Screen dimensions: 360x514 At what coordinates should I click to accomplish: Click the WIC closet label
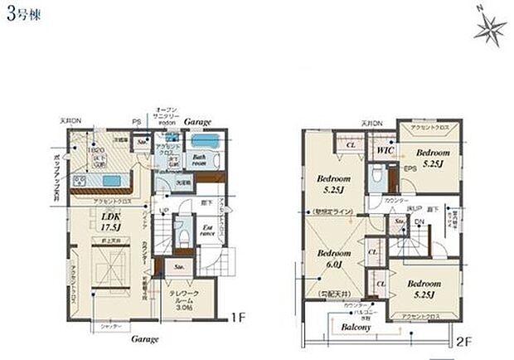(x=383, y=151)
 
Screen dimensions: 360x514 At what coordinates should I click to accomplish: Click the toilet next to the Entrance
(x=182, y=235)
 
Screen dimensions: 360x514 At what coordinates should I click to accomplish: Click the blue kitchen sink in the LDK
(x=81, y=180)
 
